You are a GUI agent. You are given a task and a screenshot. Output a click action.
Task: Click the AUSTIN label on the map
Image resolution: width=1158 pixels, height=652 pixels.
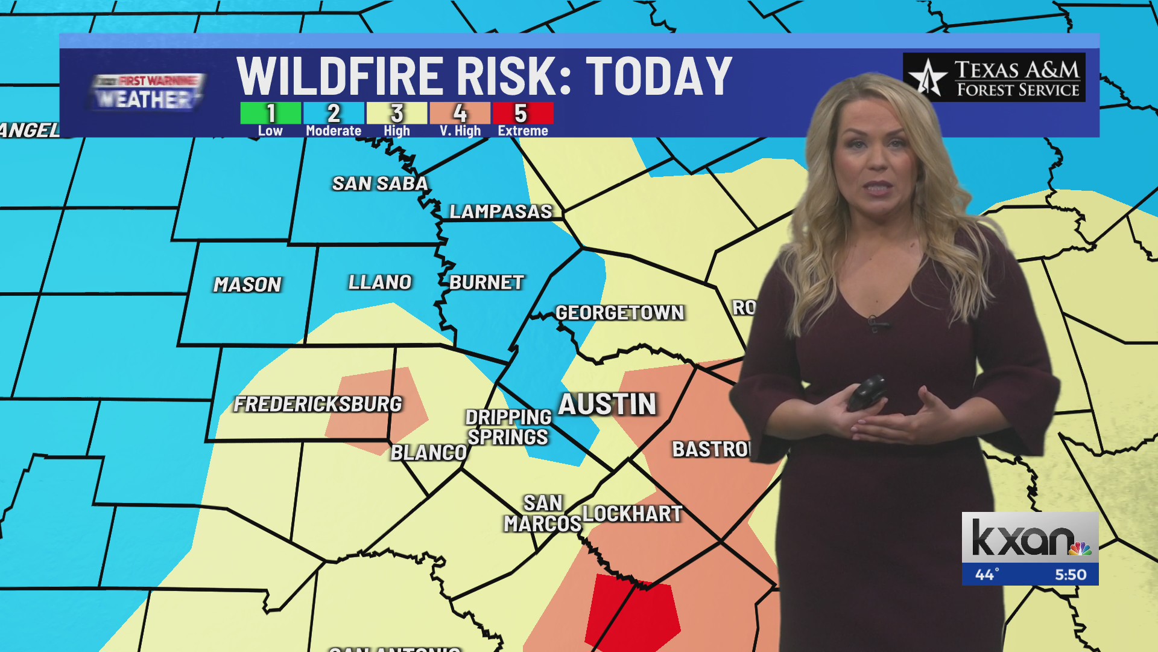pos(607,404)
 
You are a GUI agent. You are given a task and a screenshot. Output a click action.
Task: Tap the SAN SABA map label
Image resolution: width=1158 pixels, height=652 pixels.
pos(380,184)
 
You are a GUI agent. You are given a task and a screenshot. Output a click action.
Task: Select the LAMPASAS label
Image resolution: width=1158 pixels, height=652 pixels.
pos(501,211)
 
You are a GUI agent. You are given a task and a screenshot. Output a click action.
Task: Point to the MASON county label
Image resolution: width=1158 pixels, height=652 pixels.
pos(247,284)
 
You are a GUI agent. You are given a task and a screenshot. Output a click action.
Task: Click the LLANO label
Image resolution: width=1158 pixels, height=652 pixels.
pos(380,282)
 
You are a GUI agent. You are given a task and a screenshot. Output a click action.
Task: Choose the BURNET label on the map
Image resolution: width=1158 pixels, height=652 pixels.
pos(486,283)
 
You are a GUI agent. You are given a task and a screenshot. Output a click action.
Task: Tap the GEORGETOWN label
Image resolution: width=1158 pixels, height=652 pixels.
pos(619,313)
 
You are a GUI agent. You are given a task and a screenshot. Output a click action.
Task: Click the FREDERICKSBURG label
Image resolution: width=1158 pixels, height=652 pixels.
pos(317,404)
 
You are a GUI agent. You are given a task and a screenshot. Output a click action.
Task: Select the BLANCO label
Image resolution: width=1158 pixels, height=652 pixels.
pos(428,453)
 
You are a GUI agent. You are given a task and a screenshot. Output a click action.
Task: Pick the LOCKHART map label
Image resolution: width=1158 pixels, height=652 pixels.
pos(632,514)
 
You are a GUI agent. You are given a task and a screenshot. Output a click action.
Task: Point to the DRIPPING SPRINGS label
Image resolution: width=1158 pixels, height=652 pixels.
pos(508,427)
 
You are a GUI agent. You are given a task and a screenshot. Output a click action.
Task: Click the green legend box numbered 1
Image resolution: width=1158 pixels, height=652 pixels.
pos(270,113)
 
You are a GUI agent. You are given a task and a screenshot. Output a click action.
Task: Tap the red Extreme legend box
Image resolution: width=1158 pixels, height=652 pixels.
pos(522,113)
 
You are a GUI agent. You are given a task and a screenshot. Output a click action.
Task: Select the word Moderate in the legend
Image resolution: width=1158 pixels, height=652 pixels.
pos(334,131)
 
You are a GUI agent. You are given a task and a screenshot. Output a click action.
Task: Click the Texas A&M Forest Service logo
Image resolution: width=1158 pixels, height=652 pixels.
pos(994,77)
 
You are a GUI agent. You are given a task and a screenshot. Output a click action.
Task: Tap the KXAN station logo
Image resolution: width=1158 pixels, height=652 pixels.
pos(1030,538)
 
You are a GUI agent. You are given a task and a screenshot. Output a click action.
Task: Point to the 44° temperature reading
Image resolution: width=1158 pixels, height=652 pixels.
pos(987,574)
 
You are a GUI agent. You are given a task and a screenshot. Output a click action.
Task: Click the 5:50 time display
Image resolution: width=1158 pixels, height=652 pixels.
pos(1070,574)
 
